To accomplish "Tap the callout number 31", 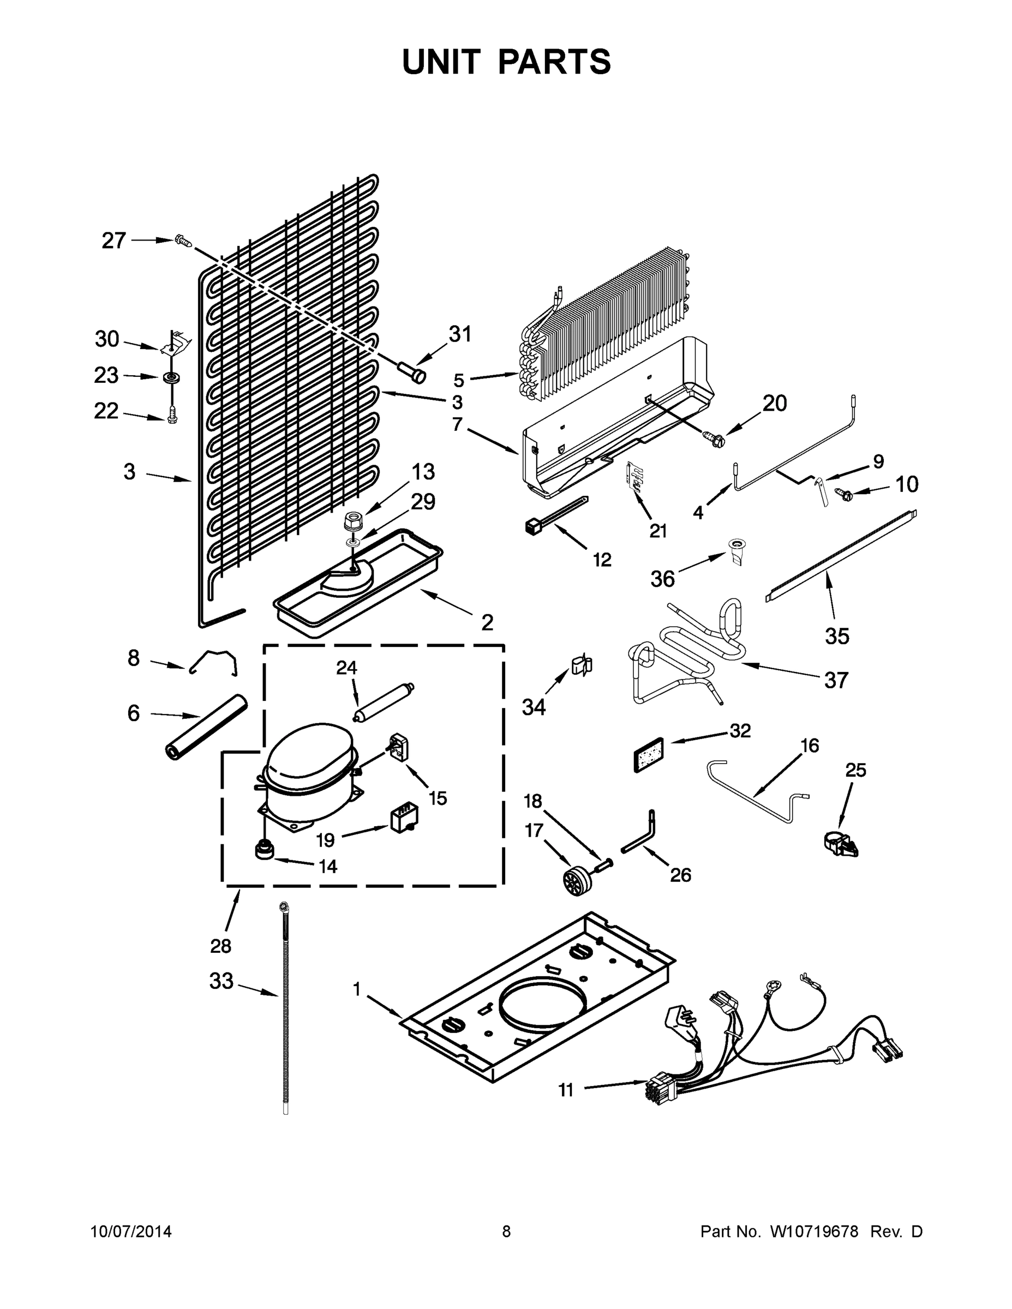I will tap(460, 334).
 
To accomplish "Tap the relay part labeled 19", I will tap(404, 818).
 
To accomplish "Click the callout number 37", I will tap(836, 680).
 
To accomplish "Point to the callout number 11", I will tap(566, 1090).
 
